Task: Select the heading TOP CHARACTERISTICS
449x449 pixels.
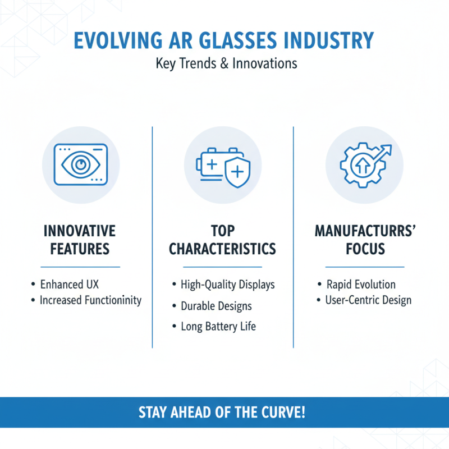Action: click(x=223, y=240)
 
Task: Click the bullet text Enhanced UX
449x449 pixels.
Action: click(x=70, y=284)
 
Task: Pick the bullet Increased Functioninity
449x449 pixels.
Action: click(x=90, y=300)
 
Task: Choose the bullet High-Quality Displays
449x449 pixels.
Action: click(x=227, y=285)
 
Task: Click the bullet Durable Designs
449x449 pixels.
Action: click(x=216, y=306)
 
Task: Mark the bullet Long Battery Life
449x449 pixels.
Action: click(x=218, y=326)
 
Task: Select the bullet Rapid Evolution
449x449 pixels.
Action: click(x=361, y=284)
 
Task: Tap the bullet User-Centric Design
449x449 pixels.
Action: click(x=368, y=300)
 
